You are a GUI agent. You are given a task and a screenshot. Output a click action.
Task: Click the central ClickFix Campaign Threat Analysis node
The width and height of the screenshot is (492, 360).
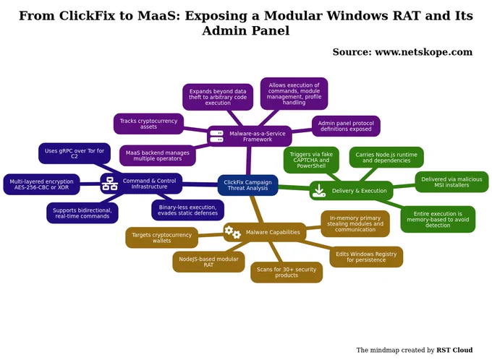pyautogui.click(x=248, y=185)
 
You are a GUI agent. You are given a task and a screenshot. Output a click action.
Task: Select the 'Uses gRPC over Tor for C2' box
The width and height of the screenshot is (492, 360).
pyautogui.click(x=75, y=153)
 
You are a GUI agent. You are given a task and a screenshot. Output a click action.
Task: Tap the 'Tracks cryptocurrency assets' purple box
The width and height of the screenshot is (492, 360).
pyautogui.click(x=148, y=124)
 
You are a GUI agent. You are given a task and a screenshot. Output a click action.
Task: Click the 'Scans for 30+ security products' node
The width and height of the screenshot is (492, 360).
pyautogui.click(x=287, y=273)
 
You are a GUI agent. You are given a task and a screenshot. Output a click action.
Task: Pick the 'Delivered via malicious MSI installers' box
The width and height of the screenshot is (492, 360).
pyautogui.click(x=451, y=182)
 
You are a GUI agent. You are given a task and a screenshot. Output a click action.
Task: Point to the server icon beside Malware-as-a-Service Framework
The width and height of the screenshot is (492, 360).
pyautogui.click(x=216, y=137)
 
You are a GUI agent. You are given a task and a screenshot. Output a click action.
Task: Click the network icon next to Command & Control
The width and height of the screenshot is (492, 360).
pyautogui.click(x=110, y=184)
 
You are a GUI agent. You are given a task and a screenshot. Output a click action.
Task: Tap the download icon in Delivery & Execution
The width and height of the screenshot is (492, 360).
pyautogui.click(x=319, y=191)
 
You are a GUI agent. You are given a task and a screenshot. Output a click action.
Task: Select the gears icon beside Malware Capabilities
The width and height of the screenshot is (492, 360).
pyautogui.click(x=232, y=232)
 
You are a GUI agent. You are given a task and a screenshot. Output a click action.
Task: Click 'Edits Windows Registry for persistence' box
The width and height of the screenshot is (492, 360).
pyautogui.click(x=366, y=257)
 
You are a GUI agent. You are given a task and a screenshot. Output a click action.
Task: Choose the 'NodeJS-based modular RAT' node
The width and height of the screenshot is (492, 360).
pyautogui.click(x=208, y=262)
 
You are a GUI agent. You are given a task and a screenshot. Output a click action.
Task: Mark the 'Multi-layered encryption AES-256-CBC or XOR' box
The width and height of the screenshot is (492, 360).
pyautogui.click(x=41, y=184)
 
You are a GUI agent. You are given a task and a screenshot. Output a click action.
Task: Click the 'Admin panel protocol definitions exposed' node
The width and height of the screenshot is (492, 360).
pyautogui.click(x=346, y=126)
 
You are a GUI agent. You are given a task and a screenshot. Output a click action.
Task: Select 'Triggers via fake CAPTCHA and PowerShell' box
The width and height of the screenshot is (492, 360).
pyautogui.click(x=311, y=160)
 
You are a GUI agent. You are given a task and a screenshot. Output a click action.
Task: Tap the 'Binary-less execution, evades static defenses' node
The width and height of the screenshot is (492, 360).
pyautogui.click(x=187, y=210)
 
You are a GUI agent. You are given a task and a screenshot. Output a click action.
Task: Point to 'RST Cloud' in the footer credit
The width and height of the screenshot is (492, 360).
pyautogui.click(x=454, y=350)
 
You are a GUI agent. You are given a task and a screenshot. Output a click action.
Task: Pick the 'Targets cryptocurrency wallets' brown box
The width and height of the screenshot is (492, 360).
pyautogui.click(x=161, y=238)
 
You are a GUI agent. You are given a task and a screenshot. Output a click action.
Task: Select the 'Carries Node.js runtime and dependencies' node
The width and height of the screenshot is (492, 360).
pyautogui.click(x=386, y=158)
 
